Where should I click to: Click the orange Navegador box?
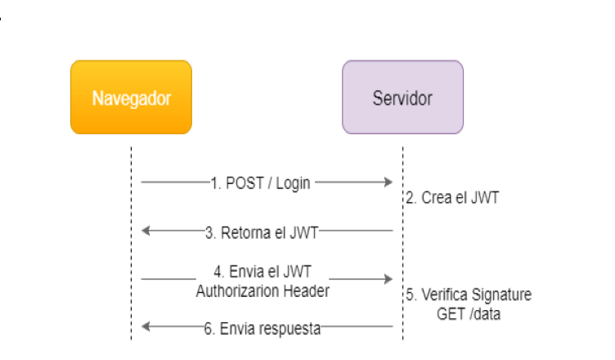pyautogui.click(x=131, y=97)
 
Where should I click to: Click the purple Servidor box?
pyautogui.click(x=402, y=97)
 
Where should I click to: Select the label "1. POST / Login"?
pyautogui.click(x=260, y=182)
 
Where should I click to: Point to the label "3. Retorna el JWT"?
pyautogui.click(x=261, y=232)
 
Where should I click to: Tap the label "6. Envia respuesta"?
pyautogui.click(x=262, y=328)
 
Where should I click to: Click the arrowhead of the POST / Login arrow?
pyautogui.click(x=389, y=182)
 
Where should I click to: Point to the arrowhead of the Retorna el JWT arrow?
pyautogui.click(x=146, y=232)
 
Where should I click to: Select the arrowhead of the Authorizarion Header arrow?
pyautogui.click(x=389, y=280)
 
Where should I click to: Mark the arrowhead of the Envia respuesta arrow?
pyautogui.click(x=146, y=327)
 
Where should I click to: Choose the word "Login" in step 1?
pyautogui.click(x=292, y=182)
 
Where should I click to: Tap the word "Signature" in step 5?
pyautogui.click(x=502, y=295)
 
